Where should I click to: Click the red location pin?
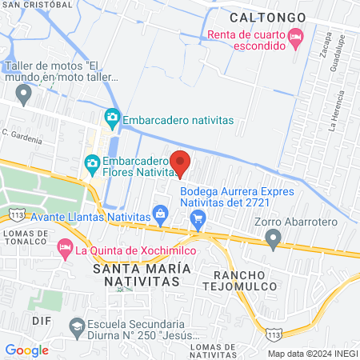(180, 162)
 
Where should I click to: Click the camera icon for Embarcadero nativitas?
(112, 119)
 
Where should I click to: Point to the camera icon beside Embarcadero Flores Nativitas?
(93, 163)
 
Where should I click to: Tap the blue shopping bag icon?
(162, 214)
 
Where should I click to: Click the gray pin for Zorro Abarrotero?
(274, 238)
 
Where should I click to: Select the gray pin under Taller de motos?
(24, 95)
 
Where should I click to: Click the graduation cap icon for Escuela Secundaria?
(76, 326)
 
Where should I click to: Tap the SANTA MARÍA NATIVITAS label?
(142, 274)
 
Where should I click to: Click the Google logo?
(26, 350)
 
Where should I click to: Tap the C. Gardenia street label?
(22, 136)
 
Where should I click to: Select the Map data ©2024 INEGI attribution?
(311, 354)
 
